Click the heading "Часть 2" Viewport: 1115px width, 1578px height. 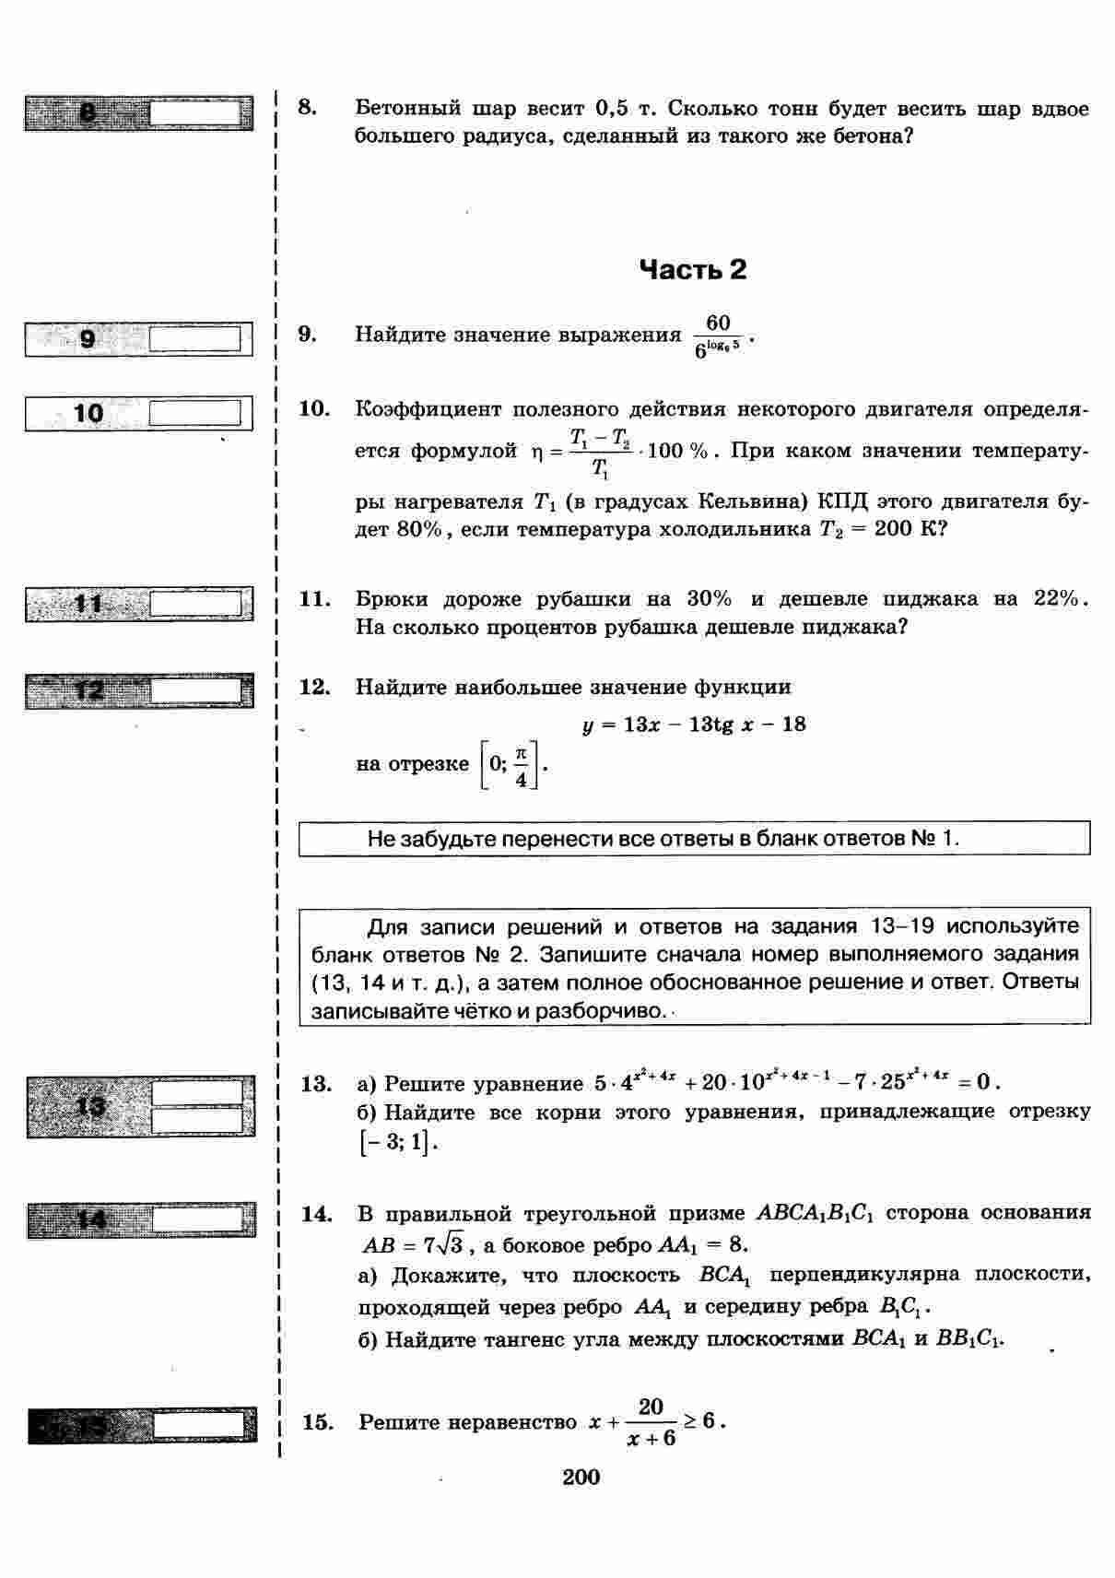click(692, 270)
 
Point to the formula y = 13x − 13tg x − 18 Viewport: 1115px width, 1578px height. click(694, 724)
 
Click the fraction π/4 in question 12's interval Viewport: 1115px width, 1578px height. click(522, 766)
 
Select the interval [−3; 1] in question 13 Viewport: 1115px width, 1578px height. click(395, 1142)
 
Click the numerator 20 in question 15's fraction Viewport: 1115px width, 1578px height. click(651, 1407)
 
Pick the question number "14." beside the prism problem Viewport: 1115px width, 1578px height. click(316, 1214)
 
